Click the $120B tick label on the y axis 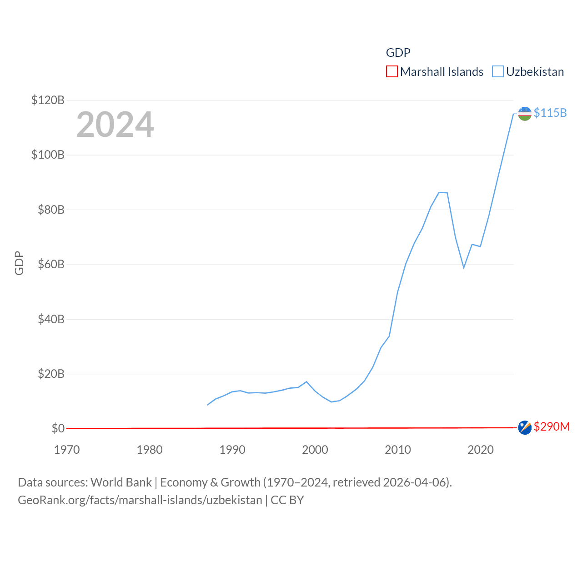coord(48,100)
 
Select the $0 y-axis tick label coord(58,428)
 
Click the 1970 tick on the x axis coord(67,450)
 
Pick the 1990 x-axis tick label coord(232,450)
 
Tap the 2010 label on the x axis coord(398,450)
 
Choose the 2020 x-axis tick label coord(481,450)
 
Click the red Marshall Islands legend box coord(392,72)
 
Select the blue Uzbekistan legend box coord(498,72)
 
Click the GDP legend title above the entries coord(398,53)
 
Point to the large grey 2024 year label coord(115,125)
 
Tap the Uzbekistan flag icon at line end coord(525,114)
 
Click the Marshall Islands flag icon coord(525,427)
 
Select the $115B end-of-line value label coord(550,113)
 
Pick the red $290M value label coord(552,426)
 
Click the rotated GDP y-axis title coord(19,263)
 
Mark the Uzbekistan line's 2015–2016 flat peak coord(443,192)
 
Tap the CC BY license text coord(287,500)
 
